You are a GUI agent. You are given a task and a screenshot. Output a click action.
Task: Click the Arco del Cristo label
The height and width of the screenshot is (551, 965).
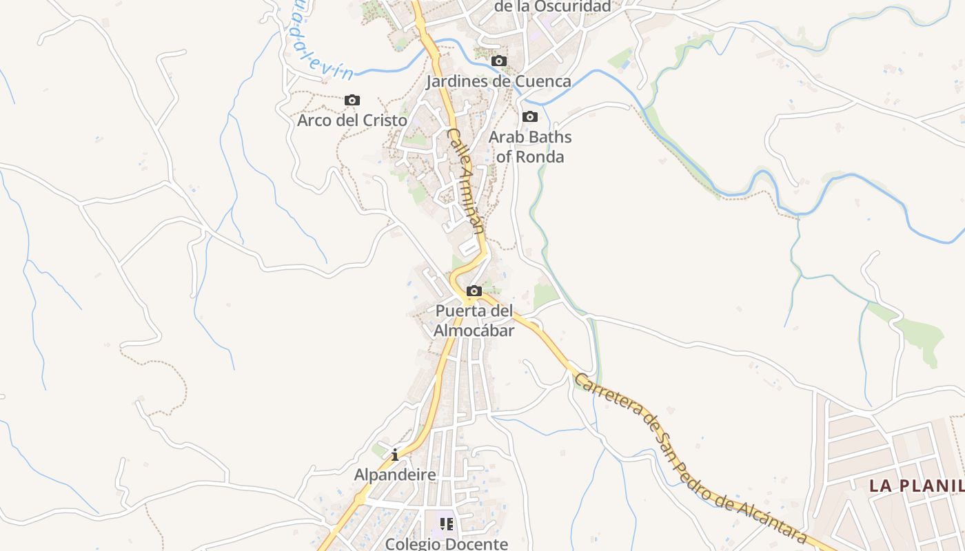[x=352, y=121]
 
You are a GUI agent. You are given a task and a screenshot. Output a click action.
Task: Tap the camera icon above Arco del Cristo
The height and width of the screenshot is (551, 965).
[x=352, y=101]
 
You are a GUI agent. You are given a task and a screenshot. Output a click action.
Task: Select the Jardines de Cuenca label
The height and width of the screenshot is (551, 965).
[x=498, y=82]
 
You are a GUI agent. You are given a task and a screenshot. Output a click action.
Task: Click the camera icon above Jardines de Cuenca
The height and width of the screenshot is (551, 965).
[x=499, y=61]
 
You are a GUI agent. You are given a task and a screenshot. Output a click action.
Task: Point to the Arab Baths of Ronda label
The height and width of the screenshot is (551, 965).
[x=530, y=147]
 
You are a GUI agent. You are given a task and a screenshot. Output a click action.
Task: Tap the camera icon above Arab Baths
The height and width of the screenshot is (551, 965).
[x=530, y=117]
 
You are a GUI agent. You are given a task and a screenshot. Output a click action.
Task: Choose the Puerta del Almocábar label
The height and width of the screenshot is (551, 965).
[x=474, y=321]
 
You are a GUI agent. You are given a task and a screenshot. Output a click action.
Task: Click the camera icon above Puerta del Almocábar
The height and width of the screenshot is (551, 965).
[x=474, y=291]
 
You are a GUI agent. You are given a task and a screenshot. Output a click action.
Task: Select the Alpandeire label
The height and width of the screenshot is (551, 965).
[x=395, y=475]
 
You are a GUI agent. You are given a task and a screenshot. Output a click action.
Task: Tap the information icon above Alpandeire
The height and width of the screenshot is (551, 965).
[x=395, y=455]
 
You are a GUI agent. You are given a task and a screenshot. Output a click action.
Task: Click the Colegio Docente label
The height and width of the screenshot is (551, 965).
[x=447, y=543]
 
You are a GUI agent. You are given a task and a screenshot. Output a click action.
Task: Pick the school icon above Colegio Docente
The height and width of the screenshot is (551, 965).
[x=447, y=525]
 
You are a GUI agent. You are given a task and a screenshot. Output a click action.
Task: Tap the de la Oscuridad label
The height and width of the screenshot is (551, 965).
[x=553, y=7]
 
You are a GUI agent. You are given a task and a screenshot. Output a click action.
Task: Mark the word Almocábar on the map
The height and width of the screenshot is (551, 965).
[x=474, y=331]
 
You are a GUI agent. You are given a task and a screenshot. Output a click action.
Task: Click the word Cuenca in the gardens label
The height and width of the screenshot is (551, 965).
[x=543, y=82]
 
